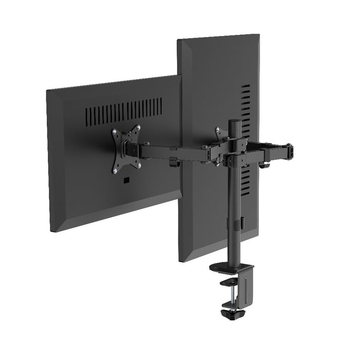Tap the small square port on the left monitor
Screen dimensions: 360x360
(x=126, y=181)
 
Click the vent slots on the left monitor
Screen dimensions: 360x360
(x=123, y=109)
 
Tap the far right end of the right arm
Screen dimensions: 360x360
(x=290, y=151)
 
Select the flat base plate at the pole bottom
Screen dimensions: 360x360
(x=231, y=268)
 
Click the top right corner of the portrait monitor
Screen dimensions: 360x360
(x=259, y=35)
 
